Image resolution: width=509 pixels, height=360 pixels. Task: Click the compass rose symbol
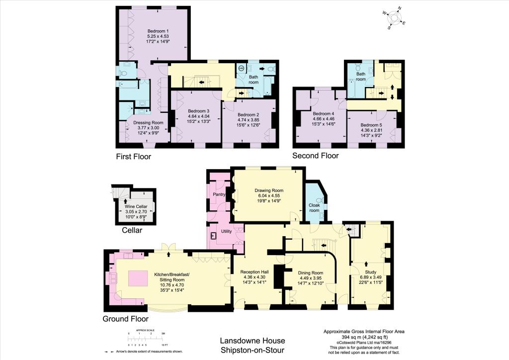pyautogui.click(x=396, y=17)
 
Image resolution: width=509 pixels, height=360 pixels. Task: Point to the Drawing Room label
pyautogui.click(x=269, y=190)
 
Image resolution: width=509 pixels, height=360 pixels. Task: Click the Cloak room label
pyautogui.click(x=315, y=207)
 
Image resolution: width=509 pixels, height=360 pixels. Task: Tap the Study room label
pyautogui.click(x=370, y=272)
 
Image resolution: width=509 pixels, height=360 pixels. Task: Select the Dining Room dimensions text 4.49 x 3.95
pyautogui.click(x=310, y=278)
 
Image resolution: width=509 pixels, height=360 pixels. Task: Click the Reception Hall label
pyautogui.click(x=254, y=272)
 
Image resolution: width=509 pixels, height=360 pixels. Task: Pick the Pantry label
pyautogui.click(x=219, y=194)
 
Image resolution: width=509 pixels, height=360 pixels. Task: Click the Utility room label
pyautogui.click(x=226, y=231)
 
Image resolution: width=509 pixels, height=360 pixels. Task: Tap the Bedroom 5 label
pyautogui.click(x=371, y=125)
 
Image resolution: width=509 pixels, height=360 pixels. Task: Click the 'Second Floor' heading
pyautogui.click(x=315, y=156)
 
